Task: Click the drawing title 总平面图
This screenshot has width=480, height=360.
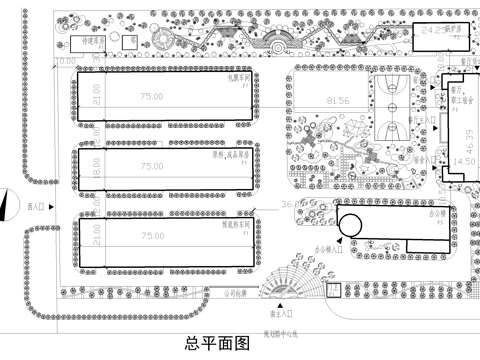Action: click(x=216, y=345)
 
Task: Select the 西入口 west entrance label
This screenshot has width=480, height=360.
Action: click(x=38, y=206)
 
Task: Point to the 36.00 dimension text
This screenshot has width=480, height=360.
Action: click(x=294, y=204)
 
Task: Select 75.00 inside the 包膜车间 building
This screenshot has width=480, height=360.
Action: click(x=152, y=97)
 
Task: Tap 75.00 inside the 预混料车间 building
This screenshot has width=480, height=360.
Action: click(x=152, y=236)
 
